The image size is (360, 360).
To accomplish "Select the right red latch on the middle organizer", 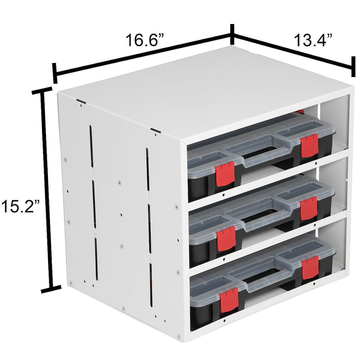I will (309, 208).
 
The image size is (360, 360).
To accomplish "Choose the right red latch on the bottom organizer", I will (309, 269).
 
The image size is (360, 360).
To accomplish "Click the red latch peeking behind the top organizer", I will (300, 112).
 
